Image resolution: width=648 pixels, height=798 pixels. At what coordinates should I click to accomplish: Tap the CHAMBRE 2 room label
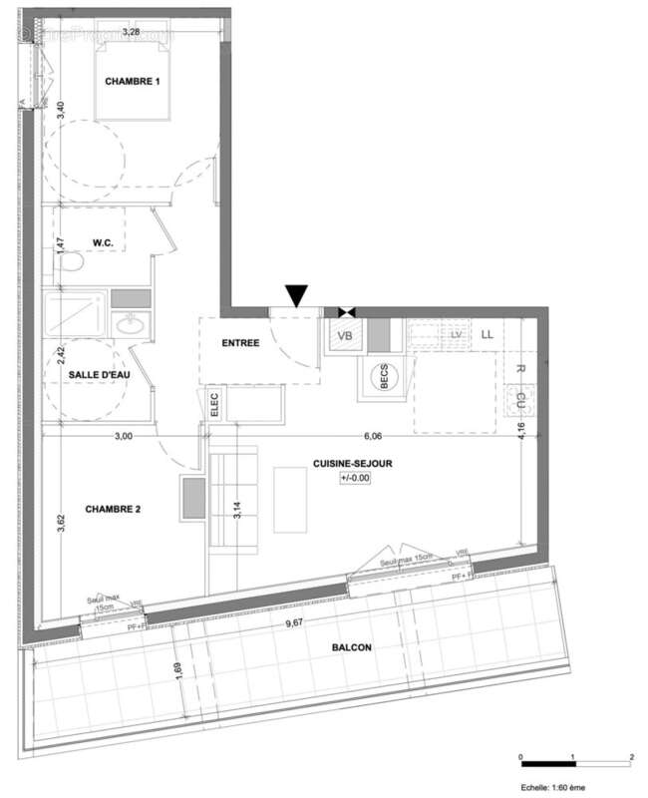coord(113,509)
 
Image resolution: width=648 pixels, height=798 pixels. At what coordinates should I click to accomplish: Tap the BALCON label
coord(351,647)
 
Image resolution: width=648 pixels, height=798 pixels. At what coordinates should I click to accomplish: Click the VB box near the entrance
coord(345,336)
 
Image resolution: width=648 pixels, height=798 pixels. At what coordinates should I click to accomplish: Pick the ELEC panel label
coord(213,404)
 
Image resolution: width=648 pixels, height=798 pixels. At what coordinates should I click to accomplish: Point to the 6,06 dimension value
coord(374,436)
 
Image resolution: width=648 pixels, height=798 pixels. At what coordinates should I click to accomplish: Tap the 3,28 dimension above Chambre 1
coord(130,33)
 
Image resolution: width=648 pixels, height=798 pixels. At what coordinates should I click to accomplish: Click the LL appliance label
coord(487,335)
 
